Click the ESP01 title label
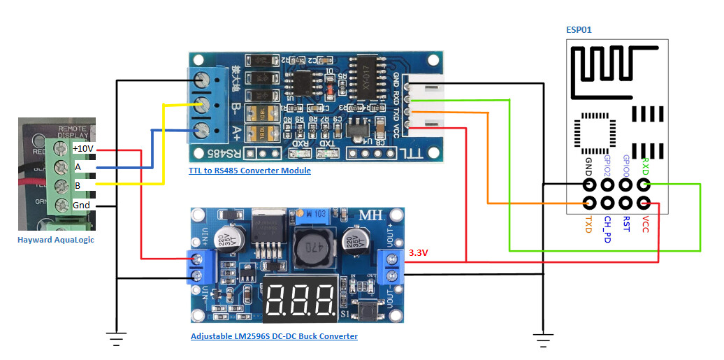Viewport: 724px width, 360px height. point(580,29)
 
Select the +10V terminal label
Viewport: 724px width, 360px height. point(82,149)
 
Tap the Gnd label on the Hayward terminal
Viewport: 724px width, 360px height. point(81,206)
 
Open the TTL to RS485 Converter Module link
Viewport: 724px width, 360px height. point(249,171)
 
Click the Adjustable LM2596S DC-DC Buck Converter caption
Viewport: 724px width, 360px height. point(274,336)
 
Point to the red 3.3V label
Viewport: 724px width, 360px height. point(418,251)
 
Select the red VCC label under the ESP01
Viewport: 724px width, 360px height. point(645,225)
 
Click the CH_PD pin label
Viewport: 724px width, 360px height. point(607,229)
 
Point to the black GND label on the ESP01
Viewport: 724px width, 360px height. point(589,168)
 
